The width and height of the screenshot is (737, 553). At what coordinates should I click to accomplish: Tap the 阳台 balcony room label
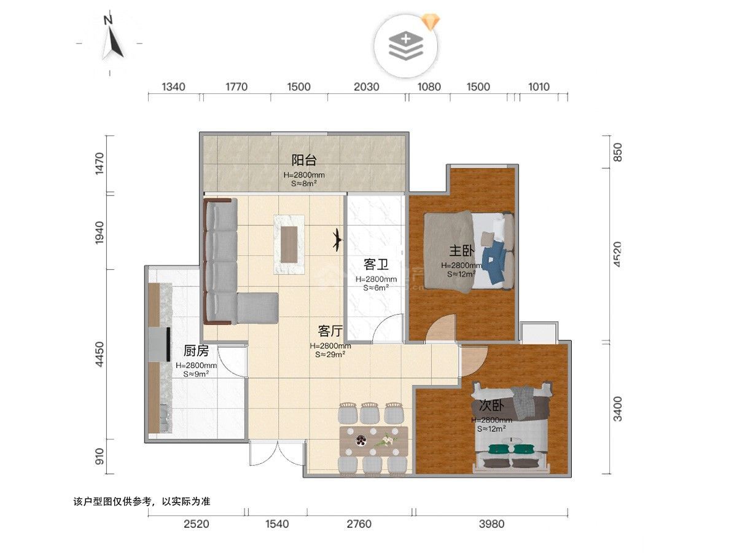click(303, 160)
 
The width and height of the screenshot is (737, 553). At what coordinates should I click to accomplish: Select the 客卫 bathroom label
click(376, 265)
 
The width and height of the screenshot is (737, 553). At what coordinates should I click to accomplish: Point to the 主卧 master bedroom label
click(462, 251)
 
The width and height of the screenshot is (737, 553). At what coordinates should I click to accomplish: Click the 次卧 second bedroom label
click(491, 406)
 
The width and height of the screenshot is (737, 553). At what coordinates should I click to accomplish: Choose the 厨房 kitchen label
click(196, 351)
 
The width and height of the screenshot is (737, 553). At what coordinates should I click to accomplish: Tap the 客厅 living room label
click(330, 331)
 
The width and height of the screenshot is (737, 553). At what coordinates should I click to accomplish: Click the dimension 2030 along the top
click(366, 87)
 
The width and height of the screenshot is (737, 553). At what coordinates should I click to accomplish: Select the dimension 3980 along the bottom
click(491, 524)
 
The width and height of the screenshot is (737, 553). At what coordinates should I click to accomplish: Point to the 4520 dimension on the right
click(617, 254)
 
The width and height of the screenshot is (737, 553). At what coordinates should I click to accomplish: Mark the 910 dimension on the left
click(99, 457)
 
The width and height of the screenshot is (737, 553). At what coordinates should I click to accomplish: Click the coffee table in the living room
click(289, 245)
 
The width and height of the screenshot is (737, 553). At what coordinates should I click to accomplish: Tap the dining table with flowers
click(373, 441)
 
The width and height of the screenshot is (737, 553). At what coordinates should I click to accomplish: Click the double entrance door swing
click(278, 453)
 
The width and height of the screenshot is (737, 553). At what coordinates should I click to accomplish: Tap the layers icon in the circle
click(406, 46)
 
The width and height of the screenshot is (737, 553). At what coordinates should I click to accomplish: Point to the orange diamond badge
click(431, 21)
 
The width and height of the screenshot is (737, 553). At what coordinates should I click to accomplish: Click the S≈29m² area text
click(330, 355)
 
